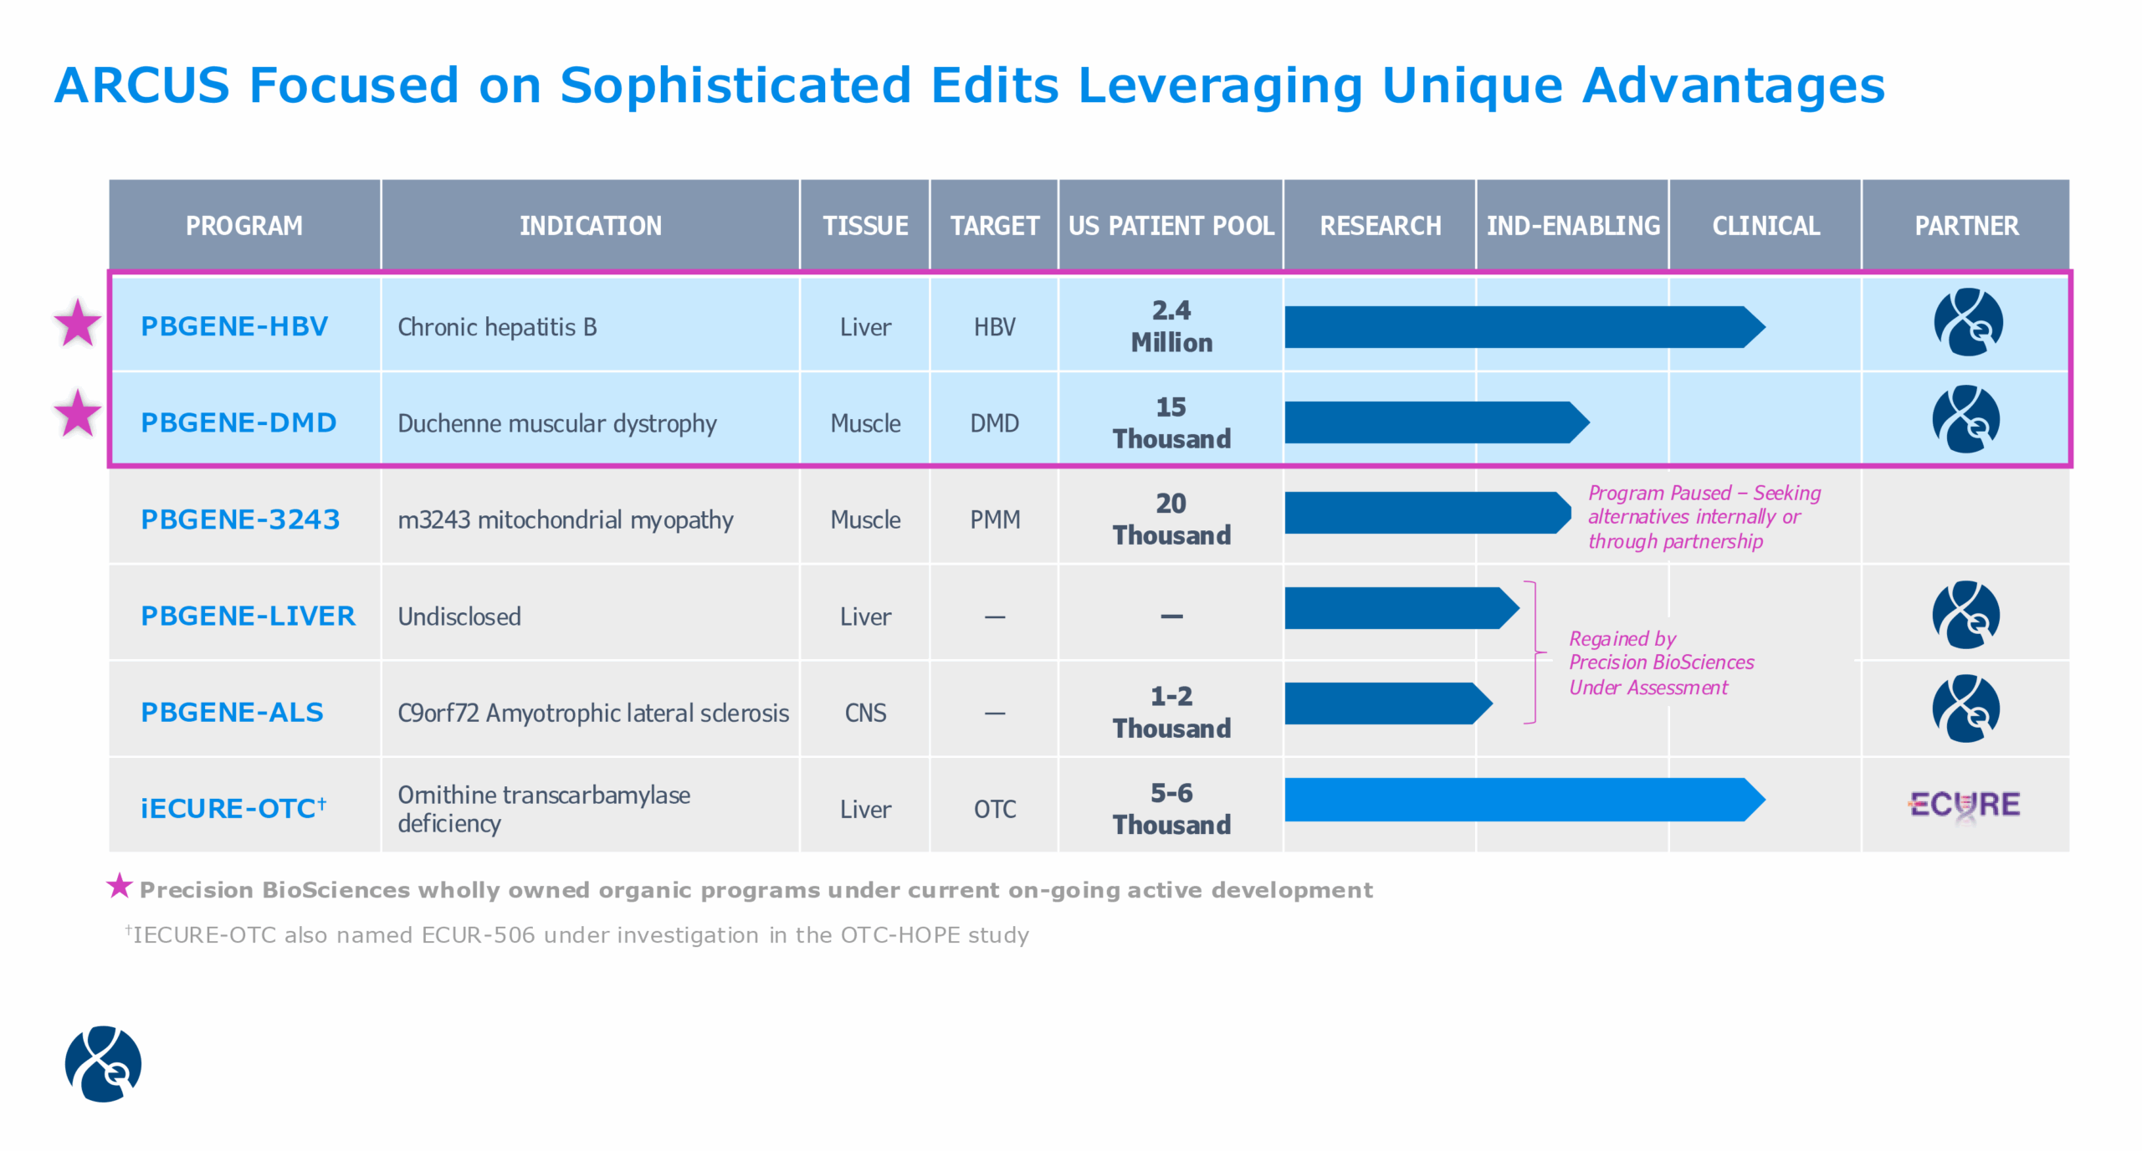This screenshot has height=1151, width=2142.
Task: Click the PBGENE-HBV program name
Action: coord(234,326)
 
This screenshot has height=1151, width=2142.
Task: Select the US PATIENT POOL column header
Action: coord(1171,226)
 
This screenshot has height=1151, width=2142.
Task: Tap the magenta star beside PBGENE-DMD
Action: coord(77,414)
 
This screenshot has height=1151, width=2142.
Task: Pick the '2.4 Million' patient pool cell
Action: coord(1171,326)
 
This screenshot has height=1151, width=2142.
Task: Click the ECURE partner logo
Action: coord(1965,805)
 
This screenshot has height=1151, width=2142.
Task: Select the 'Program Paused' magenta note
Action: coord(1703,517)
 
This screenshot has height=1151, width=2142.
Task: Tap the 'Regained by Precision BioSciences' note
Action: coord(1660,662)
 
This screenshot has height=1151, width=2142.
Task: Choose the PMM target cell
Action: coord(995,519)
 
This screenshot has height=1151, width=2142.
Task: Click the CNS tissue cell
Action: coord(865,713)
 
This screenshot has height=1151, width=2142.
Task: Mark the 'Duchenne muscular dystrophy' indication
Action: coord(556,423)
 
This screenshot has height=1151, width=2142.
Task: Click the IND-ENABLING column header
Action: coord(1572,226)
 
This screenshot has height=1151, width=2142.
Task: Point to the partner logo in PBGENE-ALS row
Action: coord(1965,709)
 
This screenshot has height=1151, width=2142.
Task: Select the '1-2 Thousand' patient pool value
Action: coord(1171,712)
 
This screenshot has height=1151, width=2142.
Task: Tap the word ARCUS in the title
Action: coord(141,85)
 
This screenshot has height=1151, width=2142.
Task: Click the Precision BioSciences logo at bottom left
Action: coord(103,1063)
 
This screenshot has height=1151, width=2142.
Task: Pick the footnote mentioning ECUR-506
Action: coord(577,934)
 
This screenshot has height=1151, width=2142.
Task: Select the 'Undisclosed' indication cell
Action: coord(459,616)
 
